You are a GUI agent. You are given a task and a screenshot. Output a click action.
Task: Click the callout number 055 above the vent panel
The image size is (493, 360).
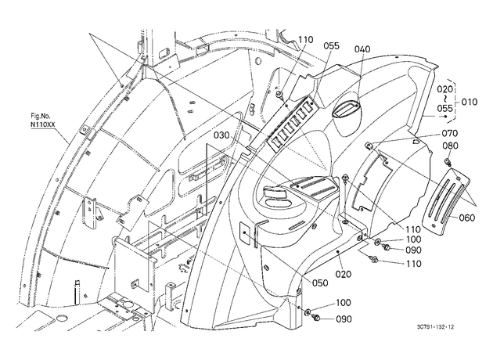pos(332,46)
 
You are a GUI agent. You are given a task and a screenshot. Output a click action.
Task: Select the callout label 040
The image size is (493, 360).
pos(362,49)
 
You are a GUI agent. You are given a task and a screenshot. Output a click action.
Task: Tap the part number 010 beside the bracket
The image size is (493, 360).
pos(470,102)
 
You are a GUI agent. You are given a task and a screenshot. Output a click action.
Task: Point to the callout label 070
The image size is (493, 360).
pos(450,133)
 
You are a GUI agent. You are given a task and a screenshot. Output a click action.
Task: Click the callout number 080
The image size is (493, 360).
pos(451,146)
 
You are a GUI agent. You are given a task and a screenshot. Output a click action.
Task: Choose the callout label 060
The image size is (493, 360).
pos(467,218)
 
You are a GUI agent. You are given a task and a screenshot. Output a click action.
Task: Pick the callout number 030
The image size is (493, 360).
pos(222,135)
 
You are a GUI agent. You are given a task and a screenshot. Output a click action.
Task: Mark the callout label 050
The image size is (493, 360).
pos(320,283)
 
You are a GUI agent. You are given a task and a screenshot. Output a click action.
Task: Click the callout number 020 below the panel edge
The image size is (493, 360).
pos(343,274)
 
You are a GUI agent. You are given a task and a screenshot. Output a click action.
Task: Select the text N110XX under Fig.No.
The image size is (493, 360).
pos(43,124)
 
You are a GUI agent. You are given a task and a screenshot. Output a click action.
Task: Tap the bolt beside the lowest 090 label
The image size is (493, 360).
pos(316,319)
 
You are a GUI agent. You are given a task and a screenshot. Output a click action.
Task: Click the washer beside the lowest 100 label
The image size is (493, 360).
pos(308,311)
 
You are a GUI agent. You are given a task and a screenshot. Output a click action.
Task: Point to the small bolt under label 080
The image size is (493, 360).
pos(448,162)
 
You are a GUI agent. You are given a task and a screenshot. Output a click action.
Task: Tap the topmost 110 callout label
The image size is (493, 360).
pos(306,40)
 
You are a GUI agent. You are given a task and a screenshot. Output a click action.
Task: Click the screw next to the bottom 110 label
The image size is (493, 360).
pos(374,259)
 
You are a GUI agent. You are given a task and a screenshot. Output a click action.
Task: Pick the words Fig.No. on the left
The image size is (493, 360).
pos(40,117)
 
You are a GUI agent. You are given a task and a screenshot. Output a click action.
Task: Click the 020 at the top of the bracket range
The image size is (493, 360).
pos(445,89)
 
